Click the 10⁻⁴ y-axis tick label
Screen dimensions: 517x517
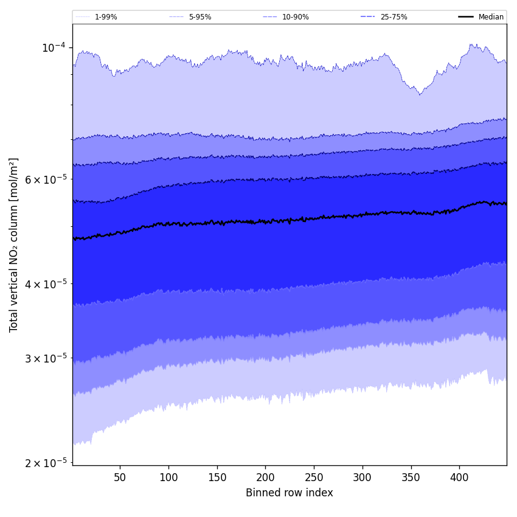(x=53, y=48)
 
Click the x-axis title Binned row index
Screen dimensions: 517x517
(x=290, y=493)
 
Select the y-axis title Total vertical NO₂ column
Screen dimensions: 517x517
(x=14, y=245)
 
